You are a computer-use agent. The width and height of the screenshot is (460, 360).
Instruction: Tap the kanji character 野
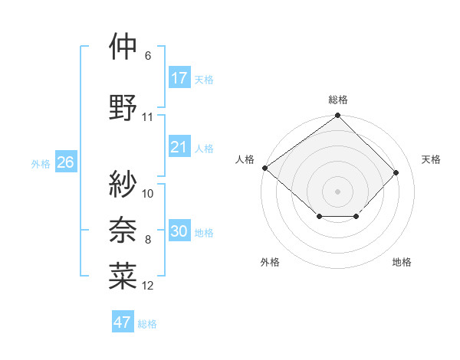click(x=123, y=106)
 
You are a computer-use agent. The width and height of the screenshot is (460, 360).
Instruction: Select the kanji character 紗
click(x=123, y=183)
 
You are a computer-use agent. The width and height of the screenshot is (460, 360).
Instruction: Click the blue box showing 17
click(x=179, y=78)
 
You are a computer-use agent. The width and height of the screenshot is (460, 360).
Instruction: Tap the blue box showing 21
click(x=179, y=148)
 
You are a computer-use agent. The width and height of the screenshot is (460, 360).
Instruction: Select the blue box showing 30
click(x=179, y=232)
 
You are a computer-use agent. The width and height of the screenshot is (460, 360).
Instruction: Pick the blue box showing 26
click(x=66, y=162)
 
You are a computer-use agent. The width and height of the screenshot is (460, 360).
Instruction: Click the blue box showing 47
click(x=123, y=322)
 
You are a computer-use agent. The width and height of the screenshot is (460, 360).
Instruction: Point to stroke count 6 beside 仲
click(x=148, y=56)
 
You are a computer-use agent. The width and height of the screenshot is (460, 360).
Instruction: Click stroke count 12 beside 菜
click(x=148, y=286)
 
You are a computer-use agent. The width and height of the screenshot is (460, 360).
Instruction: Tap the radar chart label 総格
click(x=338, y=100)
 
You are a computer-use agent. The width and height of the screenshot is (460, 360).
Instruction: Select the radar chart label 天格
click(x=432, y=159)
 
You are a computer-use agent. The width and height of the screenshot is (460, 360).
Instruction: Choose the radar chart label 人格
click(x=245, y=159)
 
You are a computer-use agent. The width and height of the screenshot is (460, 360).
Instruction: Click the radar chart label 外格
click(x=270, y=263)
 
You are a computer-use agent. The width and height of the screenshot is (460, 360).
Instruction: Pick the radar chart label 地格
click(x=402, y=263)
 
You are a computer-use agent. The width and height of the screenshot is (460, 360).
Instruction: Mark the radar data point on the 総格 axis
click(x=337, y=116)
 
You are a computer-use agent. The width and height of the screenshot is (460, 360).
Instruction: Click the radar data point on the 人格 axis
click(x=264, y=168)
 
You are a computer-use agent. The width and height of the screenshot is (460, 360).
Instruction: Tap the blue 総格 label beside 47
click(x=147, y=323)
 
